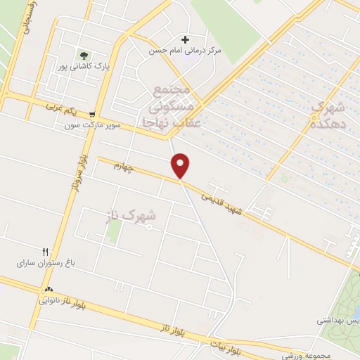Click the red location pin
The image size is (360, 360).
pos(181,165)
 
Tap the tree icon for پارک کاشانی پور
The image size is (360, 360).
pos(84,55)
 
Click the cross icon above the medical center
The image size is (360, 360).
pos(185,39)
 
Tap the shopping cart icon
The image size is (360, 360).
pos(92,114)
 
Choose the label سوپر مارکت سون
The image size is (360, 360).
pos(90,125)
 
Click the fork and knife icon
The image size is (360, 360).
pos(46,252)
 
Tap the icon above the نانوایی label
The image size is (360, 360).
pos(49,290)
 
